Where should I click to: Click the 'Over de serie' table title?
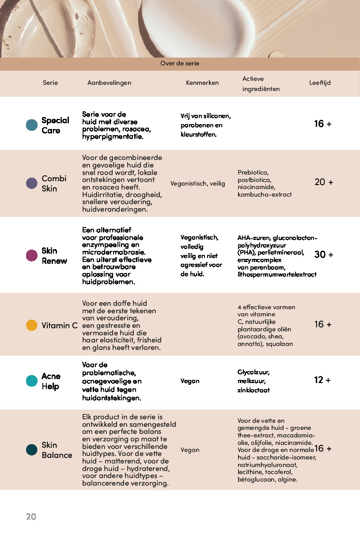click(x=180, y=64)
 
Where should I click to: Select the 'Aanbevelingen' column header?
click(x=109, y=83)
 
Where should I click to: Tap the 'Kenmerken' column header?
click(x=202, y=83)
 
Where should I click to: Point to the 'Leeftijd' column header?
click(x=320, y=83)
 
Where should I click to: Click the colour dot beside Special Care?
click(x=32, y=125)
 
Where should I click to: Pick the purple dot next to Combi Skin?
click(x=32, y=183)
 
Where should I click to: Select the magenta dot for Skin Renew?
click(x=32, y=255)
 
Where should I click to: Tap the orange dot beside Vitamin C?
click(x=32, y=326)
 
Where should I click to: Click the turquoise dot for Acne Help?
click(x=32, y=381)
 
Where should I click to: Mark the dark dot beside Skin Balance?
click(x=32, y=450)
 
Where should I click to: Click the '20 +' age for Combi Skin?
click(x=324, y=182)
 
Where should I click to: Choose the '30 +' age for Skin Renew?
click(x=324, y=254)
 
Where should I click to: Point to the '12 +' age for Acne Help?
click(x=322, y=380)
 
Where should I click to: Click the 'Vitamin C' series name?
click(x=60, y=326)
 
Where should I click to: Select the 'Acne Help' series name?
click(x=51, y=381)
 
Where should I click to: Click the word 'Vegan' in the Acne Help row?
click(x=190, y=381)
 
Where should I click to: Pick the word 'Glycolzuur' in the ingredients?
click(x=254, y=372)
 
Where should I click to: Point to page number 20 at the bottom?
click(x=31, y=516)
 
